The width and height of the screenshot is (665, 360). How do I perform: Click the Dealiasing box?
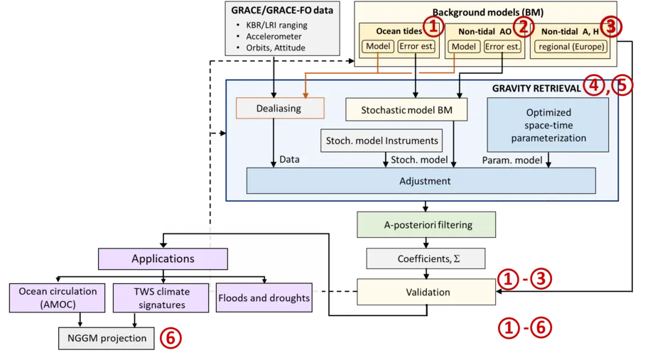[280, 108]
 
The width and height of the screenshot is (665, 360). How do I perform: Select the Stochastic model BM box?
[406, 110]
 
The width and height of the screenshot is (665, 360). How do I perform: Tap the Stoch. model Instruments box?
[382, 141]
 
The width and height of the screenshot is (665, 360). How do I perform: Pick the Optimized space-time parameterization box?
[548, 125]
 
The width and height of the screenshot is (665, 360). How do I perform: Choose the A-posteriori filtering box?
[426, 225]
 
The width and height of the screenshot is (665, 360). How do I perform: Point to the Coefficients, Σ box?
[426, 258]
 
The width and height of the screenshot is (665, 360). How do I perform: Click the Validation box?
[426, 292]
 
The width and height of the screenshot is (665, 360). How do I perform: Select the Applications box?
[163, 258]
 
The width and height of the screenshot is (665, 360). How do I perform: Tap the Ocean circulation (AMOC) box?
[58, 298]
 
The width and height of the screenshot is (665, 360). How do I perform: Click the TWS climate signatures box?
[161, 298]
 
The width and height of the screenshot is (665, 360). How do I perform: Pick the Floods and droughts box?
[264, 298]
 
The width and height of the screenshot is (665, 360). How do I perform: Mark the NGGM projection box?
[107, 339]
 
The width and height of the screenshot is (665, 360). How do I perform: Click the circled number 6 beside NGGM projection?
[171, 338]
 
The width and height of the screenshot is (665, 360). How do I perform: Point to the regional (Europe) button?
[571, 47]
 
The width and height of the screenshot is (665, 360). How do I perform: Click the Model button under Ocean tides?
[378, 46]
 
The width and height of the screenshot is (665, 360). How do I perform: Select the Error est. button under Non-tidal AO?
[502, 47]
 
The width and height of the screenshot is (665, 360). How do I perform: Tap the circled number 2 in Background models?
[524, 27]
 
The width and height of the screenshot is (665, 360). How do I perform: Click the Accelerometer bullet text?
[274, 36]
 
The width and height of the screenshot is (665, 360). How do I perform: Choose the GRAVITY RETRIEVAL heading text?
[536, 88]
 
